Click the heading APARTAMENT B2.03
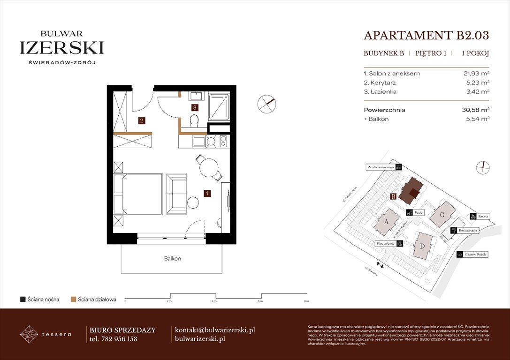426,36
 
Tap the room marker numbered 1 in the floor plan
207,193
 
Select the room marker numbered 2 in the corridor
142,120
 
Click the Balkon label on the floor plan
172,258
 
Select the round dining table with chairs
209,167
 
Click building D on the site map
422,245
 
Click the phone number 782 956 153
119,339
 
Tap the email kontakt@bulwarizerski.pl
214,330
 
